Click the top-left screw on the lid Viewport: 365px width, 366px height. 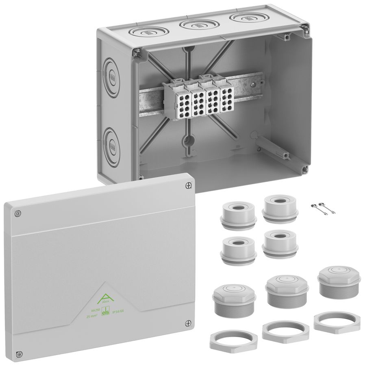17,213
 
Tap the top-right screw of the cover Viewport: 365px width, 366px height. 187,185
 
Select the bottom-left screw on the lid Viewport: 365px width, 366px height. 17,353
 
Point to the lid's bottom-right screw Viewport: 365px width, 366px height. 187,323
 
